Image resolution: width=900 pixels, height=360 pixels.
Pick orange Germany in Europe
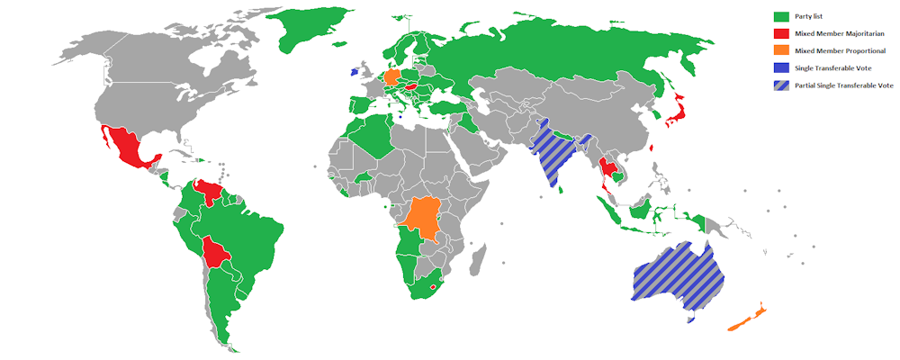tap(394, 76)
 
